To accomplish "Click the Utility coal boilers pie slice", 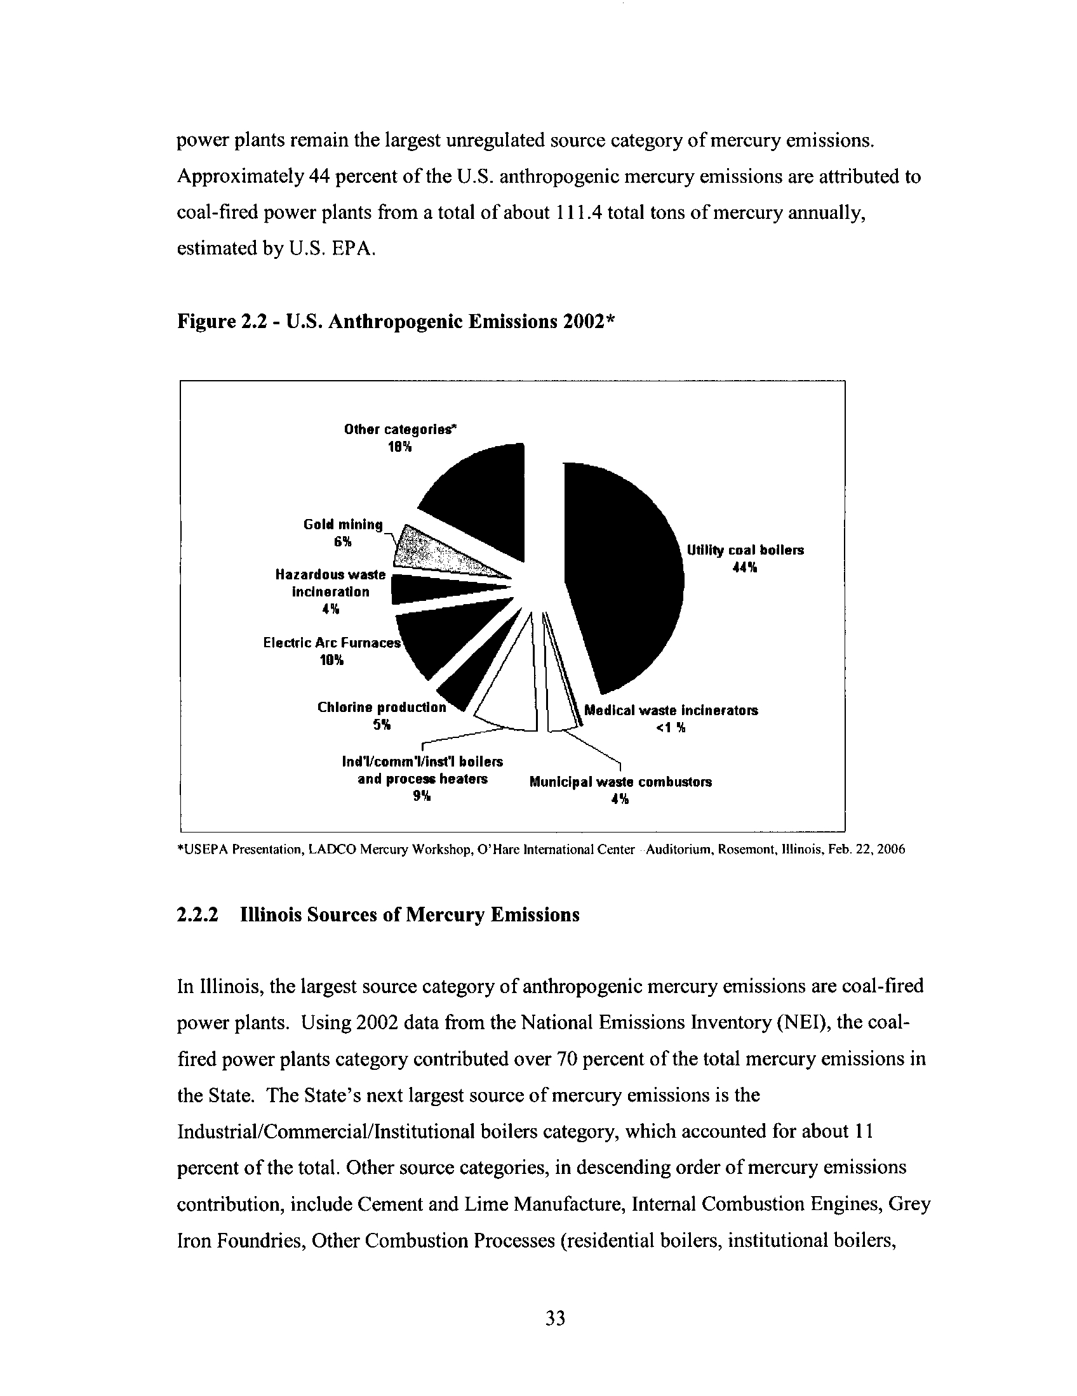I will (x=624, y=576).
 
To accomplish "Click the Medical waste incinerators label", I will (x=671, y=710).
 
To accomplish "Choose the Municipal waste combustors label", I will (x=620, y=782).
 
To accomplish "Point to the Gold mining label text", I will (x=343, y=525).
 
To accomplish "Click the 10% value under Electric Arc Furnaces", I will (x=331, y=661).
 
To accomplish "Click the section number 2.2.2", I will (x=197, y=914).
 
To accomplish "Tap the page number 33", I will (x=555, y=1317).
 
